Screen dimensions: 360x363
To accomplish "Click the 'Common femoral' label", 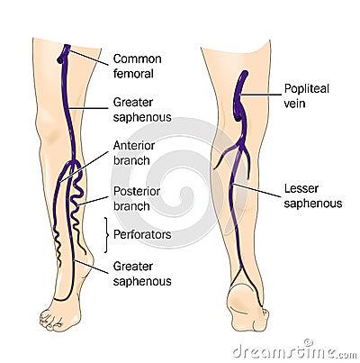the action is pos(138,66).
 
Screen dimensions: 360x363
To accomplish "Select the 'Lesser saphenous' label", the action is pos(313,196).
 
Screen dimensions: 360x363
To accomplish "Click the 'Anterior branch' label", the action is pos(134,153).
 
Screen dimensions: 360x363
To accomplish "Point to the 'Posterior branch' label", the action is pos(137,198).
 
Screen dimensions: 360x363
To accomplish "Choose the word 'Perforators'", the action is pos(142,234).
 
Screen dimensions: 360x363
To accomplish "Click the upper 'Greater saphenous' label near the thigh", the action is pos(142,110).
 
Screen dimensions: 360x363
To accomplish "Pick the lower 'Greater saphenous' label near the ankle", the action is pos(142,274).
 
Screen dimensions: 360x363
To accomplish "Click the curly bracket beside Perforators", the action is pos(106,235).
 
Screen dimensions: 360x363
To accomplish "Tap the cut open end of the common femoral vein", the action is pos(60,60).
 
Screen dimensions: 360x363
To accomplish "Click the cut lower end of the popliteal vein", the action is pos(238,115).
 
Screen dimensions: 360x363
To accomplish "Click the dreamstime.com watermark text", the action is pos(294,352).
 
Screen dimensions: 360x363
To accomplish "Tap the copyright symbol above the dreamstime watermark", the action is pos(308,342).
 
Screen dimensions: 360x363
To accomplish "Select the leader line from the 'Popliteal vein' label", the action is pos(261,95).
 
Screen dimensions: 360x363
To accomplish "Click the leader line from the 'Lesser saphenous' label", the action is pos(257,190).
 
